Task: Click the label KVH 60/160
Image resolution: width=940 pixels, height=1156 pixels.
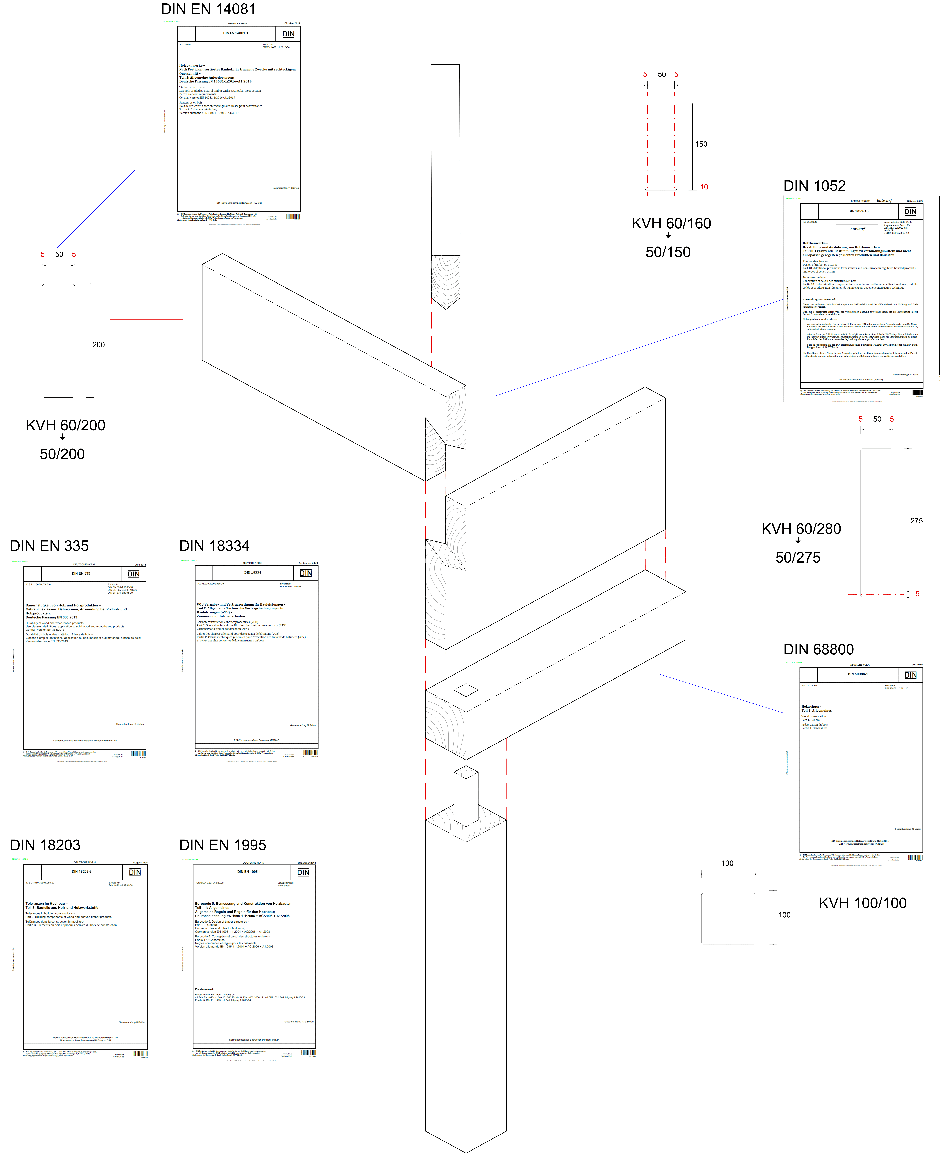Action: tap(671, 223)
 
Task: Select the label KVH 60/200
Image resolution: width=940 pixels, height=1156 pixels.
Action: tap(65, 425)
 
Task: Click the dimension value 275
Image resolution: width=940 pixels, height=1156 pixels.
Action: tap(916, 521)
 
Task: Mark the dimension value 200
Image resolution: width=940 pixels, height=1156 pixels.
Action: tap(99, 344)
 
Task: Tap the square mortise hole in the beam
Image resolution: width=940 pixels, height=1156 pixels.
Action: tap(466, 690)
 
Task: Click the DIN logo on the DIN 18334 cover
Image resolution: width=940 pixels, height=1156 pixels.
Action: tap(306, 573)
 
